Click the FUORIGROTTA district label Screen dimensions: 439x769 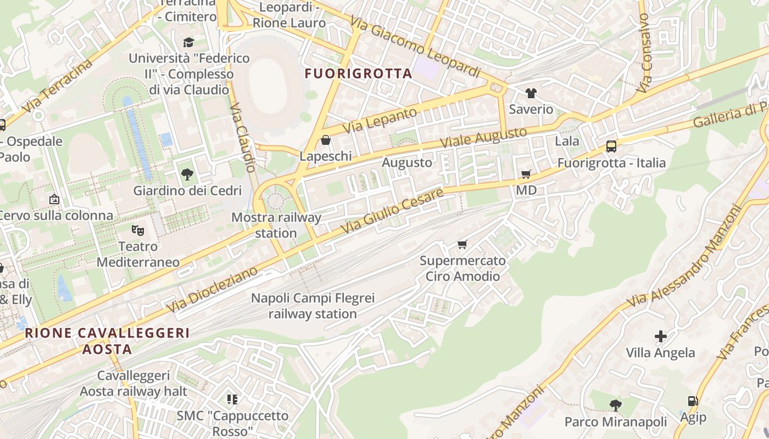[358, 74]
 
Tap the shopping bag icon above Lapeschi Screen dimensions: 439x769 [326, 140]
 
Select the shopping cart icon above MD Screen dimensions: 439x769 [526, 175]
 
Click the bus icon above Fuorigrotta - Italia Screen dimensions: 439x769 [611, 147]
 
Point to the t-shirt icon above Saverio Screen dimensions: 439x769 [531, 93]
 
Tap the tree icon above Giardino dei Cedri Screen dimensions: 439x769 [187, 175]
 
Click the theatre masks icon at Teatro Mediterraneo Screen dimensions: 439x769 [137, 230]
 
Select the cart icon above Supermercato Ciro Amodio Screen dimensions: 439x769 [462, 244]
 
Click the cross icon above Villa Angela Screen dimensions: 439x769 [661, 336]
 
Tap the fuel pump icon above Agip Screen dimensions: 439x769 [693, 401]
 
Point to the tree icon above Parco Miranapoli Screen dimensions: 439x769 [616, 406]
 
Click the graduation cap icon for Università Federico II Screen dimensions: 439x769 [188, 42]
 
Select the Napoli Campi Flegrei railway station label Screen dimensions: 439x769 [313, 306]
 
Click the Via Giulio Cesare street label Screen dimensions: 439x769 [392, 211]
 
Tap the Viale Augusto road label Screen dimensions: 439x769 [484, 137]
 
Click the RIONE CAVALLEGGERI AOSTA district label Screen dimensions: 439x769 [107, 341]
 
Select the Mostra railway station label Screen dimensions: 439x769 [276, 225]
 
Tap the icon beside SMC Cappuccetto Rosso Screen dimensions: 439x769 [232, 399]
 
